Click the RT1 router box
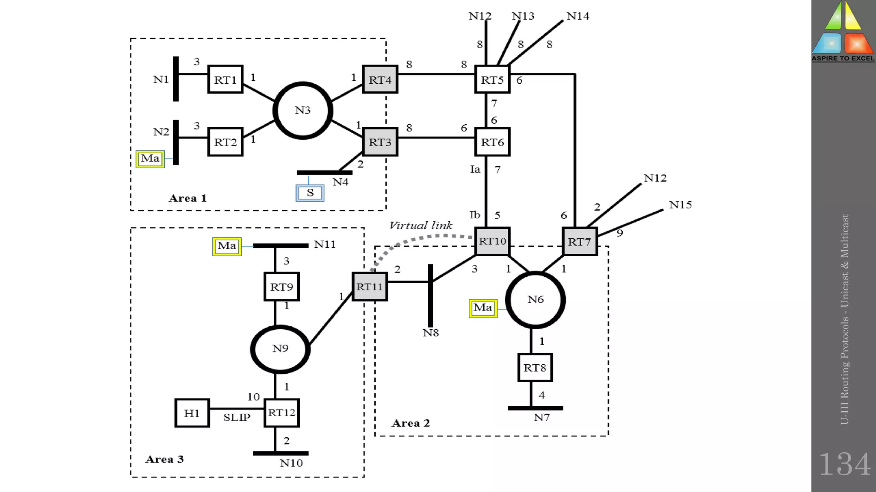point(225,79)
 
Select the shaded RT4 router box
point(380,79)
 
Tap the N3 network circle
point(303,111)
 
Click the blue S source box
point(310,193)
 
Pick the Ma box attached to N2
point(150,159)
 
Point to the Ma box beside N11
point(227,246)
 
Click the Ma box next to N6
point(483,308)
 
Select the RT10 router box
point(492,241)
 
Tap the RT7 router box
point(580,242)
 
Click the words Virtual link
point(421,225)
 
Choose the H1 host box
point(192,413)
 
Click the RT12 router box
point(281,413)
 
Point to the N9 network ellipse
point(280,349)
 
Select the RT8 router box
point(535,368)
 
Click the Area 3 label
point(164,459)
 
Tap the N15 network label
point(680,205)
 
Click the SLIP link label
point(237,417)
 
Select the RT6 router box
point(492,142)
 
